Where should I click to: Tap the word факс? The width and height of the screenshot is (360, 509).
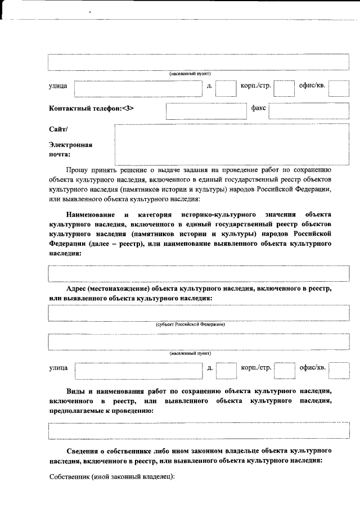click(x=258, y=107)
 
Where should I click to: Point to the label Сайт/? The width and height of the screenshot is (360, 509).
click(x=58, y=129)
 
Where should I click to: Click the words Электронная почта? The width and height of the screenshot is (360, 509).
click(x=70, y=149)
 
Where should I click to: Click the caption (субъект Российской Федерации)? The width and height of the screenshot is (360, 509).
click(x=190, y=325)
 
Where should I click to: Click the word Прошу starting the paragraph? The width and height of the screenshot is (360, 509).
click(x=76, y=169)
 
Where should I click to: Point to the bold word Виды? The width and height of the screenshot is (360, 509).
click(x=75, y=390)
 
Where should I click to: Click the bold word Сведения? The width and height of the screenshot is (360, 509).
click(x=82, y=451)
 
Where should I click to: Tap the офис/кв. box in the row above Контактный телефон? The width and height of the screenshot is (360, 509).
click(x=339, y=88)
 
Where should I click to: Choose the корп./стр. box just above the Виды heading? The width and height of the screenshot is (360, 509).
click(x=284, y=370)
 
